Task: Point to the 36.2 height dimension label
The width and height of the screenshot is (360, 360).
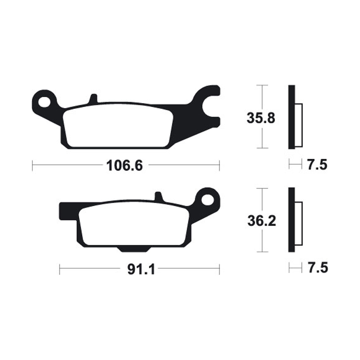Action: [258, 221]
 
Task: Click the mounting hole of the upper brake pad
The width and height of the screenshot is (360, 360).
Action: [44, 101]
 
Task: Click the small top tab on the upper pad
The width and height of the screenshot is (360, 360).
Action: [93, 99]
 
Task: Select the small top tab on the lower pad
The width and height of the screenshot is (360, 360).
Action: [158, 197]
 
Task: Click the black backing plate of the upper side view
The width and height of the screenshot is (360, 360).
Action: [292, 117]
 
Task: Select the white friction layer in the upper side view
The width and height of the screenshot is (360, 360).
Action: [299, 125]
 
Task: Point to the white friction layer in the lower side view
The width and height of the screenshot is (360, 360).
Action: [299, 224]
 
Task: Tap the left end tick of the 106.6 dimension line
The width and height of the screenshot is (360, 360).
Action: [33, 166]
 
